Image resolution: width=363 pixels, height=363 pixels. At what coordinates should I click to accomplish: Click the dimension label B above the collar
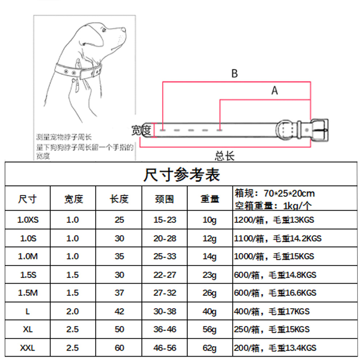tap(235, 73)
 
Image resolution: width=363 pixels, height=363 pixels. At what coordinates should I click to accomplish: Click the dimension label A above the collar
tap(274, 90)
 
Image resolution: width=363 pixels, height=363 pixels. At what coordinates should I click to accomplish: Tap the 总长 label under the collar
tap(225, 156)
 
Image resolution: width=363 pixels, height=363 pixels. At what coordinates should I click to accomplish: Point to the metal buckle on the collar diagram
tap(319, 130)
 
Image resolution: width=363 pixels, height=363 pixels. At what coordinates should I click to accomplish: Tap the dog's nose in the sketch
tap(124, 30)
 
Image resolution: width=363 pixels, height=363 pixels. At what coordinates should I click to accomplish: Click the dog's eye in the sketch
tap(104, 30)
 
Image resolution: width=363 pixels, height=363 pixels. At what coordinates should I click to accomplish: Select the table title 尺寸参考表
tap(181, 175)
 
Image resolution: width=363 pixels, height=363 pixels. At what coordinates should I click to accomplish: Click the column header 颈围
tap(164, 199)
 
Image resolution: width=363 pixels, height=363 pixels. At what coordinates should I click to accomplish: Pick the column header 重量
tap(210, 199)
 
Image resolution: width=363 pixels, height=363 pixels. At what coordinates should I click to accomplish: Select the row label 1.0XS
tap(28, 220)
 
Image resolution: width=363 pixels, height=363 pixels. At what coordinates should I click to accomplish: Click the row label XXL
tap(28, 348)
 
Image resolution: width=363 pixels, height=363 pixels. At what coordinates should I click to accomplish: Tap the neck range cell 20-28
tap(165, 238)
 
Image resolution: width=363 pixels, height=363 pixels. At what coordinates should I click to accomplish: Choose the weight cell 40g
tap(209, 311)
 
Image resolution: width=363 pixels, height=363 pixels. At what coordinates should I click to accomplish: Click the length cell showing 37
tap(119, 293)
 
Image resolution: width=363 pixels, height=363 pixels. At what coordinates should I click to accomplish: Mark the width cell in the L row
tap(73, 311)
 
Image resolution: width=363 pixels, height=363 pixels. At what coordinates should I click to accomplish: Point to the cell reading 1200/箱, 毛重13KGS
tap(274, 220)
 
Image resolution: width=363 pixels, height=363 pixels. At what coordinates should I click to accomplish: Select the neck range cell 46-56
tap(165, 348)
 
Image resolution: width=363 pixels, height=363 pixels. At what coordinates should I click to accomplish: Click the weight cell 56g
tap(209, 330)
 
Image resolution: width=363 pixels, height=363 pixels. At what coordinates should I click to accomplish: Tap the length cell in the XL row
tap(119, 329)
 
